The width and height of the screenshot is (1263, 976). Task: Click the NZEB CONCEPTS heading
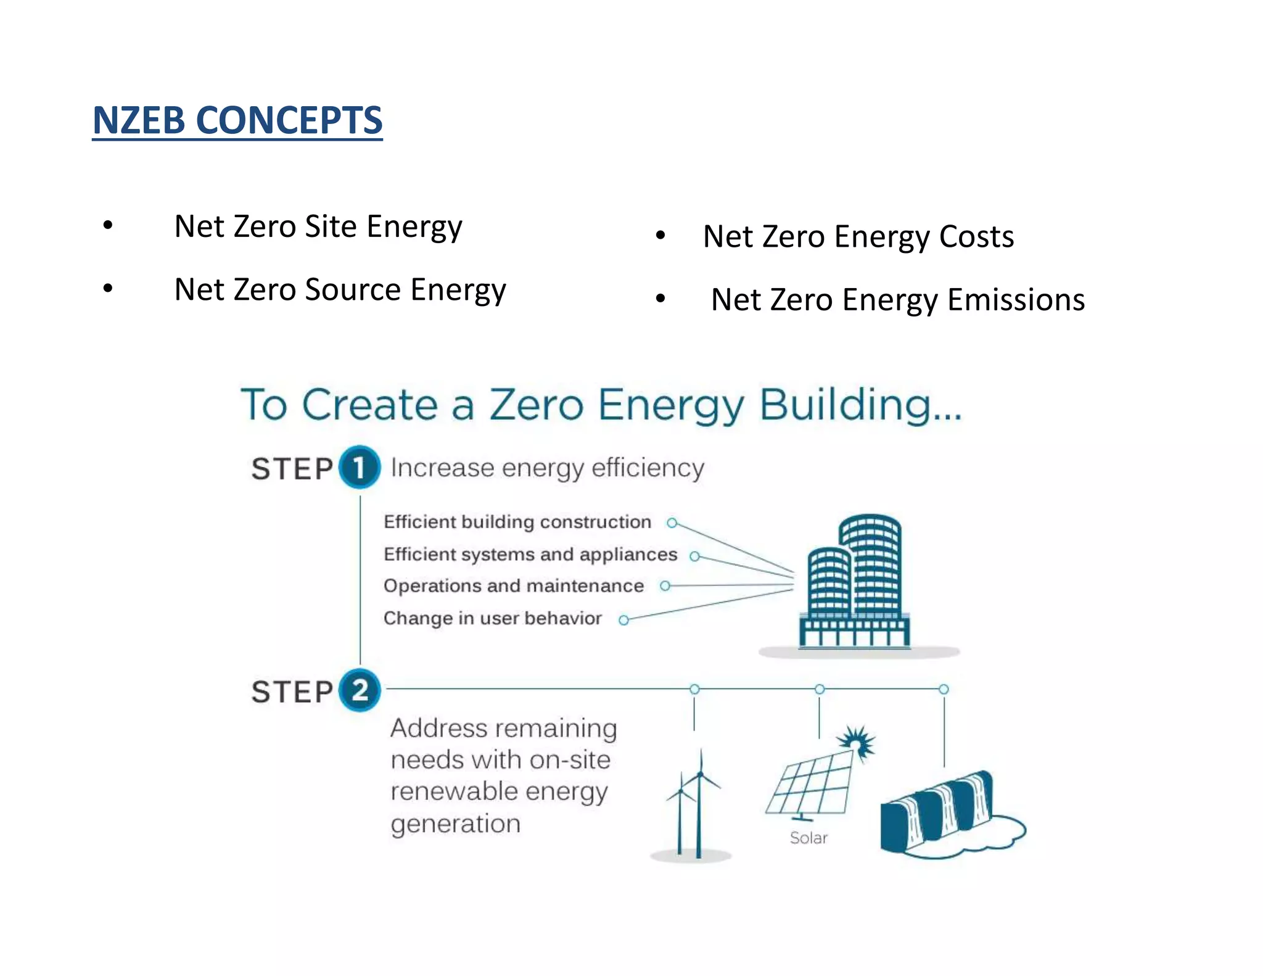tap(237, 120)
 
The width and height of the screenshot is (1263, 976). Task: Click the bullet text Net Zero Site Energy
tap(318, 226)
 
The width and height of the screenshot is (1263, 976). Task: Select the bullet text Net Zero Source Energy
tap(340, 289)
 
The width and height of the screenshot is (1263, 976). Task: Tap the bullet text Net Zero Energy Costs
tap(858, 237)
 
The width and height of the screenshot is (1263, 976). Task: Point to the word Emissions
tap(1016, 300)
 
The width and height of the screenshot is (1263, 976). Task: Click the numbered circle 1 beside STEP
tap(359, 467)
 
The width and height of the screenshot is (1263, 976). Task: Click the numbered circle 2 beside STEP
tap(360, 690)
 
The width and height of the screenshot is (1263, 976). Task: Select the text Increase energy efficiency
tap(547, 468)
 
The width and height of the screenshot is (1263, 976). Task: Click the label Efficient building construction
tap(517, 522)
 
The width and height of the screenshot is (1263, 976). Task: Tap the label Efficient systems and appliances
tap(530, 554)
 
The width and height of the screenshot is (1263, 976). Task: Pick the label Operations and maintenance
tap(513, 585)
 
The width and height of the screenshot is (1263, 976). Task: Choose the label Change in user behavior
tap(492, 618)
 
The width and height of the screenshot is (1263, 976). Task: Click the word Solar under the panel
tap(808, 838)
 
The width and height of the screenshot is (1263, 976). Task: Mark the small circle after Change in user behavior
tap(623, 620)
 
